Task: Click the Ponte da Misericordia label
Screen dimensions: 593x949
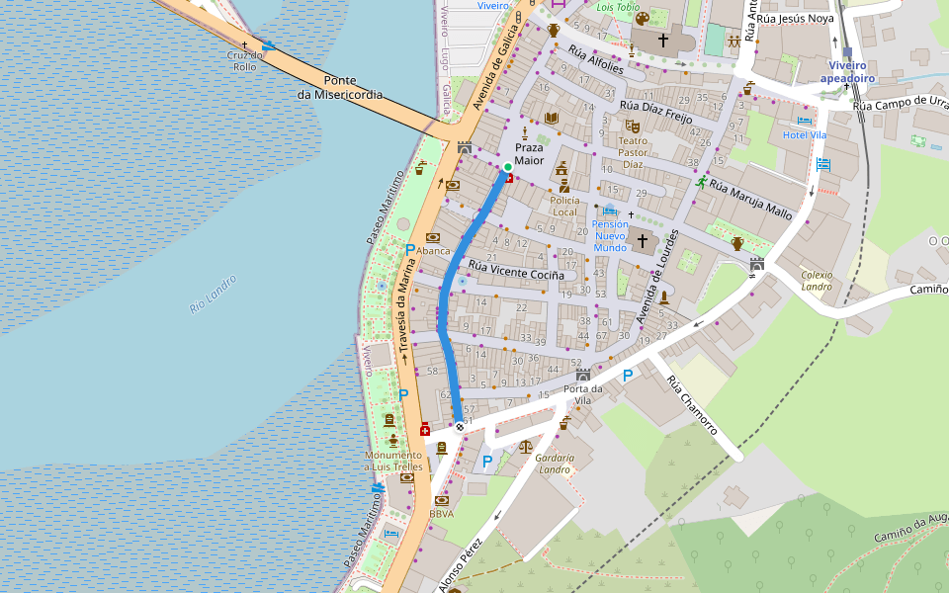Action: (339, 88)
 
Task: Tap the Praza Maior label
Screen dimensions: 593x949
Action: (529, 153)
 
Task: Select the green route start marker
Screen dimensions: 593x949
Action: (507, 166)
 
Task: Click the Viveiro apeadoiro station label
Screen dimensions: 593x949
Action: (848, 70)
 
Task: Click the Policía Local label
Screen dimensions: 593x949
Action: (563, 206)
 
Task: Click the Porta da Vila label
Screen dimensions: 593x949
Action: (583, 393)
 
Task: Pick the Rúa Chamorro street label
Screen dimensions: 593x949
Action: (691, 405)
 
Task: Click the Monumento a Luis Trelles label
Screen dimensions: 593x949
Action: (392, 461)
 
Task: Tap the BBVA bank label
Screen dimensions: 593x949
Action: (442, 514)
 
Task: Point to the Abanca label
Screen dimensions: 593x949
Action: (433, 251)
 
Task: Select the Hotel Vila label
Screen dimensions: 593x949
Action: (804, 134)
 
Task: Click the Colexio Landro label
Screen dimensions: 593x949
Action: (818, 281)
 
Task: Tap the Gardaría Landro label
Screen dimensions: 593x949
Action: (554, 464)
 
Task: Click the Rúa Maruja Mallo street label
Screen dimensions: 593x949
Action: (751, 199)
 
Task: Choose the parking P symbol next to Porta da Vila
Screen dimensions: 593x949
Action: (628, 376)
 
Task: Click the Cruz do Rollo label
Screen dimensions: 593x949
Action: (245, 60)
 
